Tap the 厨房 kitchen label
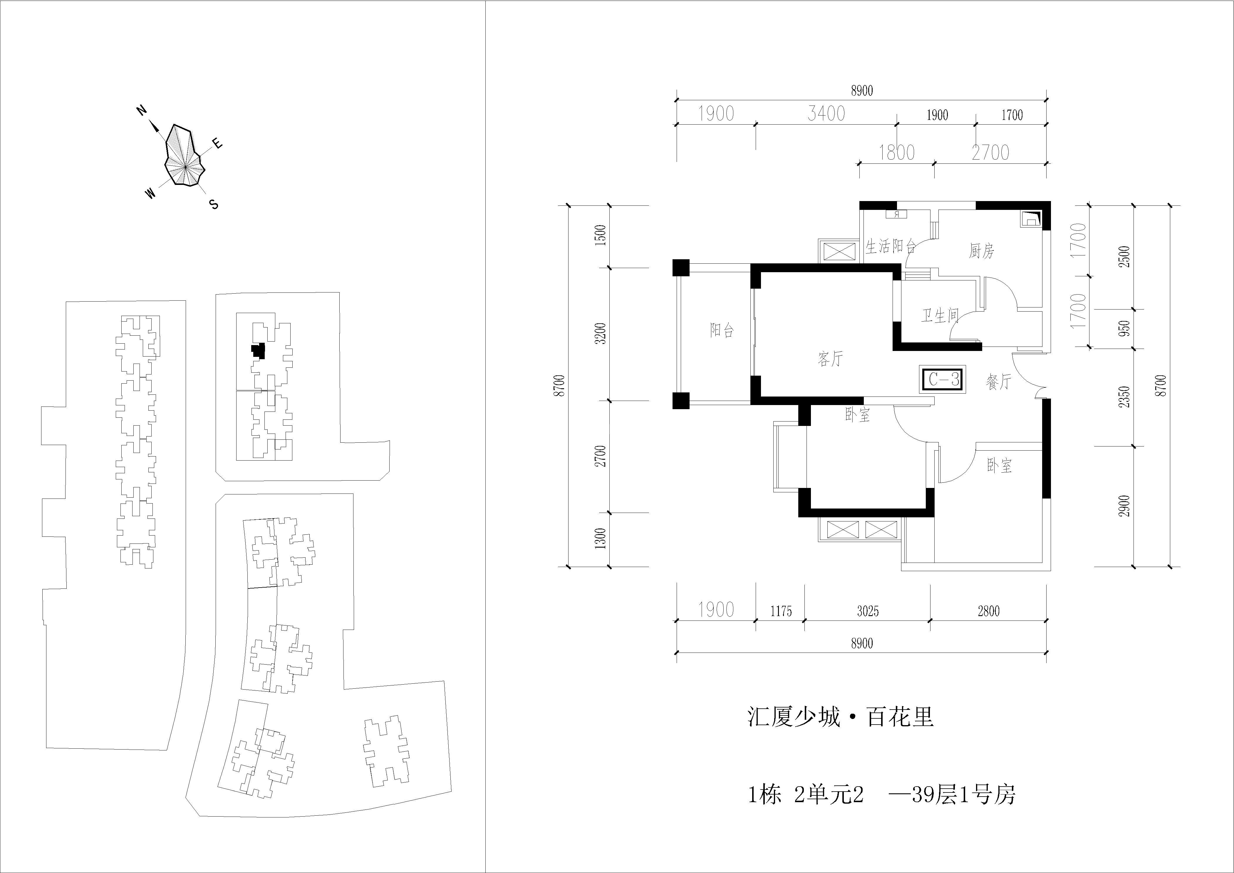tap(981, 250)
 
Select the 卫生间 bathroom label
tap(940, 315)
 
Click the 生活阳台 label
tap(891, 246)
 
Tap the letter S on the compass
tap(214, 204)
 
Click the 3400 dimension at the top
tap(826, 113)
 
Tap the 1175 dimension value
tap(781, 611)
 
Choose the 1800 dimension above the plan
tap(896, 153)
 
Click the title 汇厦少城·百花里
tap(841, 717)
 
